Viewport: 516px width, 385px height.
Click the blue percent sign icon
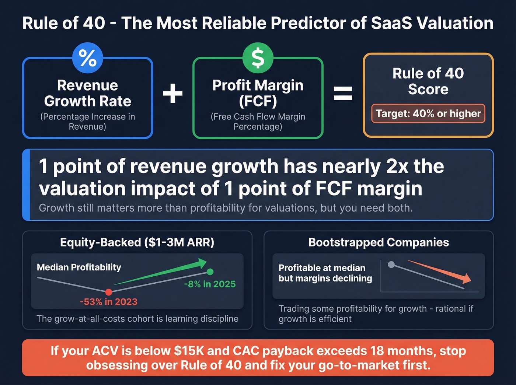coord(88,58)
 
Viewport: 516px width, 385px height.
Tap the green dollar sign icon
coord(258,58)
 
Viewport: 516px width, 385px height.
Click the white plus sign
coord(173,93)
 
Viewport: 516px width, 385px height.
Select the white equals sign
coord(343,93)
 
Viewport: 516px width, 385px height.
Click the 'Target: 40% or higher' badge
coord(428,113)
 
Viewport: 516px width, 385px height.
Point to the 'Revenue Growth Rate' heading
coord(88,93)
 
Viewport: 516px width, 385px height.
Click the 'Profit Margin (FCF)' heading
coord(258,93)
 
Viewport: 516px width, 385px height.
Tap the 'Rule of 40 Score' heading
coord(428,81)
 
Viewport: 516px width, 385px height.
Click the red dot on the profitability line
coord(109,292)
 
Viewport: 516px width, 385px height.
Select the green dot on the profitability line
coord(210,272)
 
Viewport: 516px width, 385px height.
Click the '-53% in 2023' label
coord(109,302)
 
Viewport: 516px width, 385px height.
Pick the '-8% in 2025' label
coord(210,284)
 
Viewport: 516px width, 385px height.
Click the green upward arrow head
coord(202,263)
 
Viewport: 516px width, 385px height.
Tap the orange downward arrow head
coord(467,279)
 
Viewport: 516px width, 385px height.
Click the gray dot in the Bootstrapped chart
coord(391,264)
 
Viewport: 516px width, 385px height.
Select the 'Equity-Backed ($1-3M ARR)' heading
coord(137,242)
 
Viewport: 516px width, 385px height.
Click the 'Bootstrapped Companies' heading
coord(379,242)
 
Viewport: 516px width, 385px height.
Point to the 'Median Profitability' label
coord(79,267)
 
